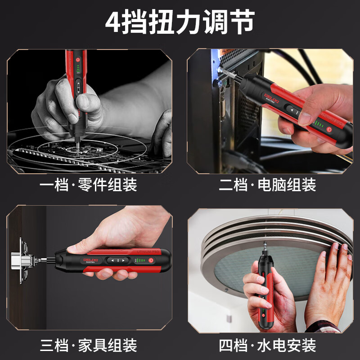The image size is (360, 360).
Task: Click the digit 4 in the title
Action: click(x=113, y=22)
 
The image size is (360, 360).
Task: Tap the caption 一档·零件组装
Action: click(x=88, y=185)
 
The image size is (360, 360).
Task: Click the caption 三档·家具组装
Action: click(x=88, y=346)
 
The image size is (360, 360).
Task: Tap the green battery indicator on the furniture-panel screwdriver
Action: click(x=139, y=261)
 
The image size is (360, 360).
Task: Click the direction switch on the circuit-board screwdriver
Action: click(x=79, y=86)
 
